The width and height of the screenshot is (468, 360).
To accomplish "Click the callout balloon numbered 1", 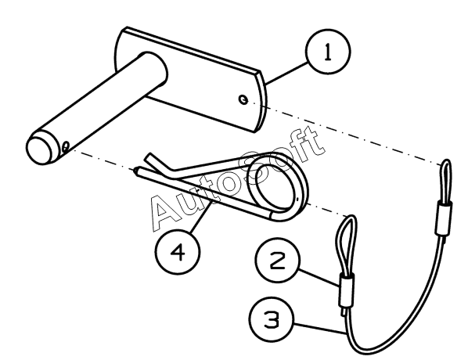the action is (328, 52).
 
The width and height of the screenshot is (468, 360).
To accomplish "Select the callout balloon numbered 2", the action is (278, 261).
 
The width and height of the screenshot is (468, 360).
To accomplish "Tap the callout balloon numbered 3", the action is (272, 319).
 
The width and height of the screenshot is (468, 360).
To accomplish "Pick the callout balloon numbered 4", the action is (178, 252).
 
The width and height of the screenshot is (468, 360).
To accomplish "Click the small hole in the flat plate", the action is (243, 99).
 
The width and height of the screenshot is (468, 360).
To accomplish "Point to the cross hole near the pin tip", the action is (66, 146).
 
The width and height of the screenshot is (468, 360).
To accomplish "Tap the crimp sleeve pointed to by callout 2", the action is (347, 291).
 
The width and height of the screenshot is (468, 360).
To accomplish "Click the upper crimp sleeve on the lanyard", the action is (444, 218).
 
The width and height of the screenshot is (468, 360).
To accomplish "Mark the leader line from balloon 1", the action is (286, 73).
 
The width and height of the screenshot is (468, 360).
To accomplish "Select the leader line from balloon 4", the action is (200, 217).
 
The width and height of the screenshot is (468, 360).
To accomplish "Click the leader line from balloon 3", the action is (319, 328).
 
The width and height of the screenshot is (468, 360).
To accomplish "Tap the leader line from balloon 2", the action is (319, 278).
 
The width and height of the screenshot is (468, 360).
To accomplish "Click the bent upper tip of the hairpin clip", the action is (153, 160).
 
